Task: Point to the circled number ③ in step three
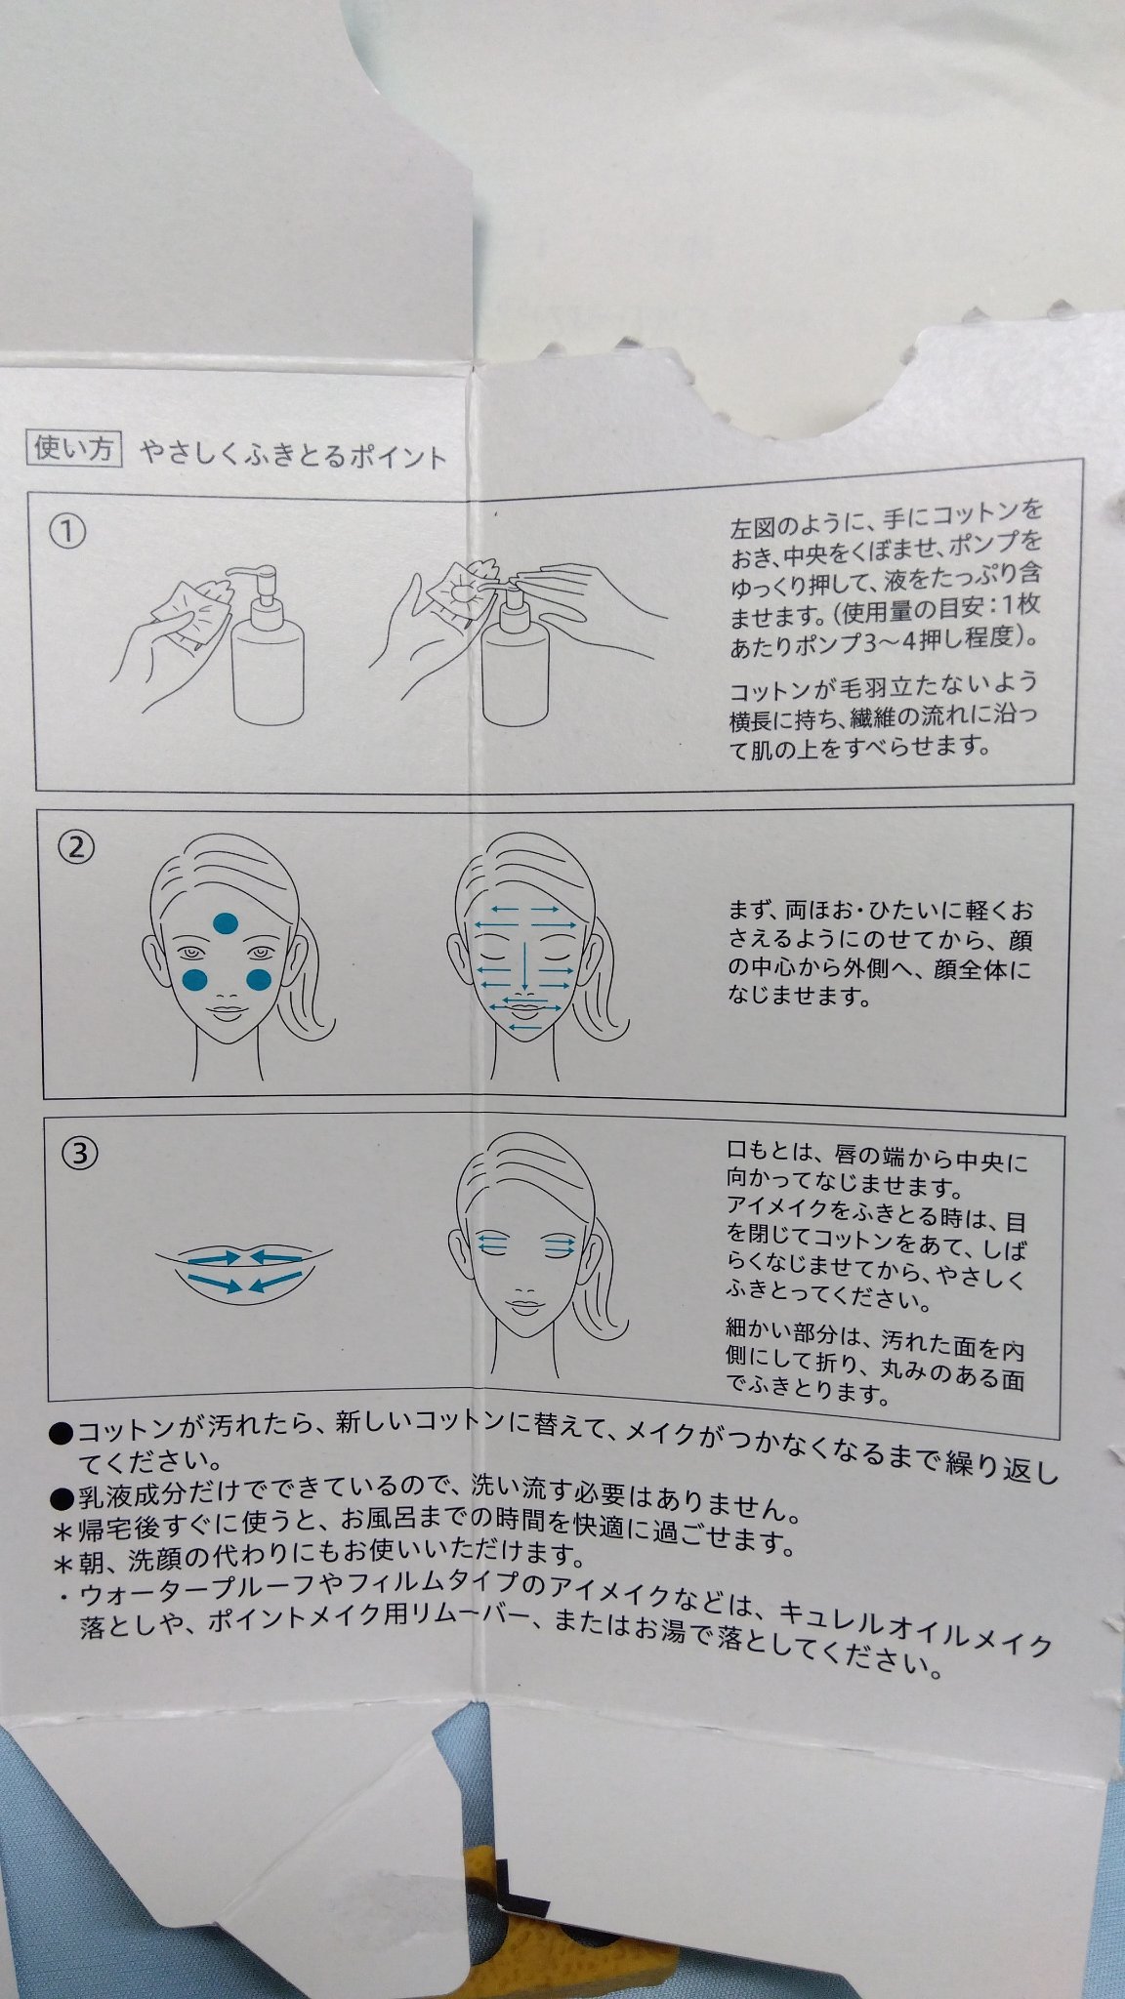tap(78, 1154)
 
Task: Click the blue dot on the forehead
tap(226, 922)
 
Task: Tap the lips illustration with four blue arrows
tap(244, 1267)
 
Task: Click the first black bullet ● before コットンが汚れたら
tap(62, 1433)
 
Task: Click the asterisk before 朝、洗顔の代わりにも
tap(62, 1563)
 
